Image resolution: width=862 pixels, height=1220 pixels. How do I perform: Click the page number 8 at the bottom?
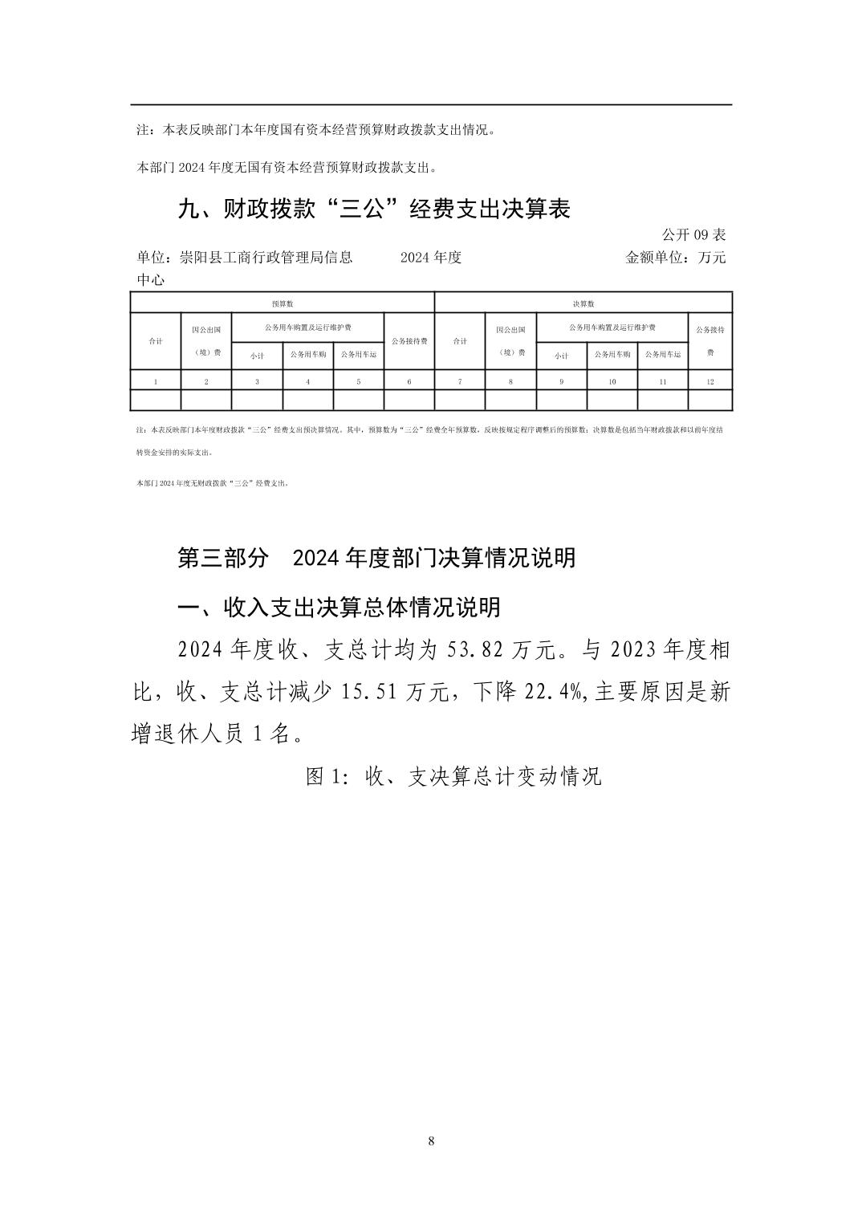(x=432, y=1141)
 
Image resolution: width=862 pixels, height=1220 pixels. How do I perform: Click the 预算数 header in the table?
(x=282, y=303)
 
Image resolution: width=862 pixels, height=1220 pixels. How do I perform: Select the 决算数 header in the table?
(x=583, y=303)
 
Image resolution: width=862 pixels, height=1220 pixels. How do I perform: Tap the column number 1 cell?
(x=156, y=381)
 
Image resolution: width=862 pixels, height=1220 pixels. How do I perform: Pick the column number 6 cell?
(x=409, y=381)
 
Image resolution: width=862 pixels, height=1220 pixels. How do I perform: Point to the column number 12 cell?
(x=710, y=381)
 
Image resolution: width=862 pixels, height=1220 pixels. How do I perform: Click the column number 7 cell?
(x=459, y=381)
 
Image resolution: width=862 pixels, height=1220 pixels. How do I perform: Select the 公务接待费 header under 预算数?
(x=409, y=341)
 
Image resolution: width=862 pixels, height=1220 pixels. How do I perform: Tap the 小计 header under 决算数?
(x=561, y=355)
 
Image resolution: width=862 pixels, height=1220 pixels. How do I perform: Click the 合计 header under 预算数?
(x=156, y=341)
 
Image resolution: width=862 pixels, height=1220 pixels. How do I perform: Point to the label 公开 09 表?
(x=693, y=235)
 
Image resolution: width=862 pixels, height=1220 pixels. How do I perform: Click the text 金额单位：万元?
(x=675, y=258)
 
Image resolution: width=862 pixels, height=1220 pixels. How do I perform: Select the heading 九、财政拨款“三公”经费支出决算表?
(x=373, y=209)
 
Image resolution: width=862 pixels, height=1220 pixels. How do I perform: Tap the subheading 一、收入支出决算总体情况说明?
(x=338, y=607)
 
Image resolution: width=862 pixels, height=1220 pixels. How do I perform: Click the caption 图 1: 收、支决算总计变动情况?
(x=453, y=776)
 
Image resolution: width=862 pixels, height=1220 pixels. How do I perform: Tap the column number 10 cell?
(x=612, y=381)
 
